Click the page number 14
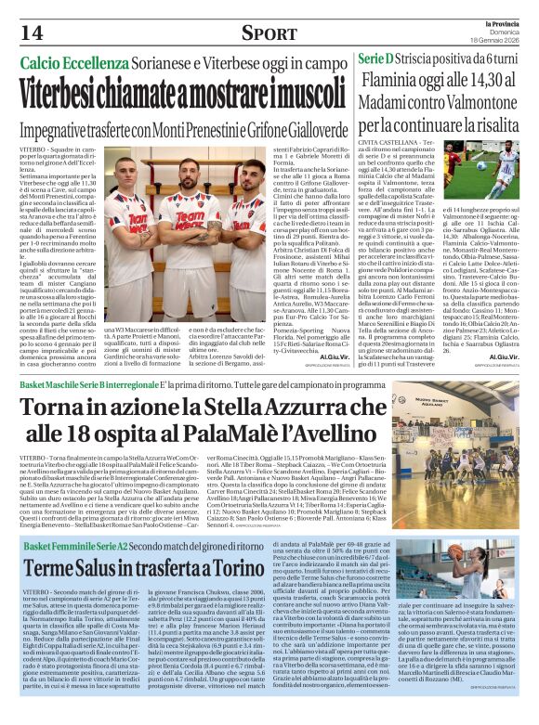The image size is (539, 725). [x=33, y=32]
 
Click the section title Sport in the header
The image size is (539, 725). [x=269, y=33]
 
